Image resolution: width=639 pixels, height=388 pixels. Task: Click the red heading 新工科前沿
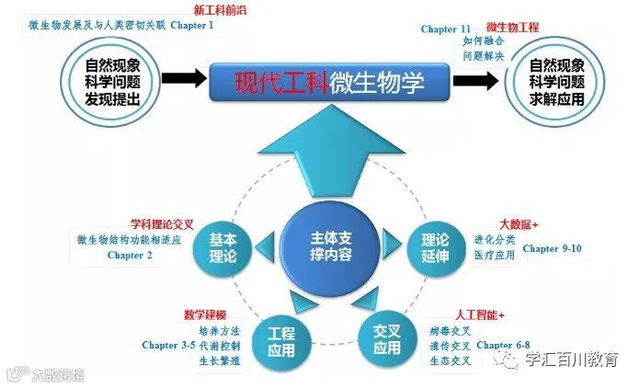219,10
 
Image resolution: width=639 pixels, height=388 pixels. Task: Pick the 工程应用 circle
280,341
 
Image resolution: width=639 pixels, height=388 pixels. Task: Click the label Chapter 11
446,29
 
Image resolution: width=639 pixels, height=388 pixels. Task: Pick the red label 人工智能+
478,315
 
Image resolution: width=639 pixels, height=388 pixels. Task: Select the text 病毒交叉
450,330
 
